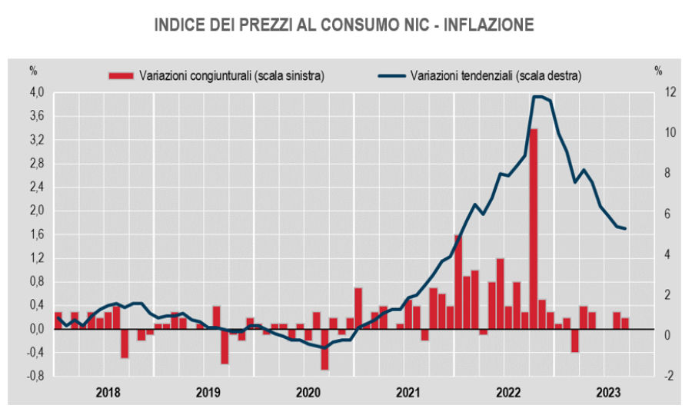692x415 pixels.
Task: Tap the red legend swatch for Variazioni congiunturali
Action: pos(121,75)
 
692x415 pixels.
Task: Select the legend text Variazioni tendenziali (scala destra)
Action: pos(496,75)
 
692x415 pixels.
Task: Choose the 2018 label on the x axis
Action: pos(108,393)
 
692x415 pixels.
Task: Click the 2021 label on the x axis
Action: pos(407,393)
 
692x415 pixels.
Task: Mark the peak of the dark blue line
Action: pos(537,97)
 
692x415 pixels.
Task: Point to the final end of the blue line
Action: pos(625,228)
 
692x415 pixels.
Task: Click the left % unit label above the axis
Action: pos(33,71)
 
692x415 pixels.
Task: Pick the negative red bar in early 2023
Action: pos(574,340)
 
